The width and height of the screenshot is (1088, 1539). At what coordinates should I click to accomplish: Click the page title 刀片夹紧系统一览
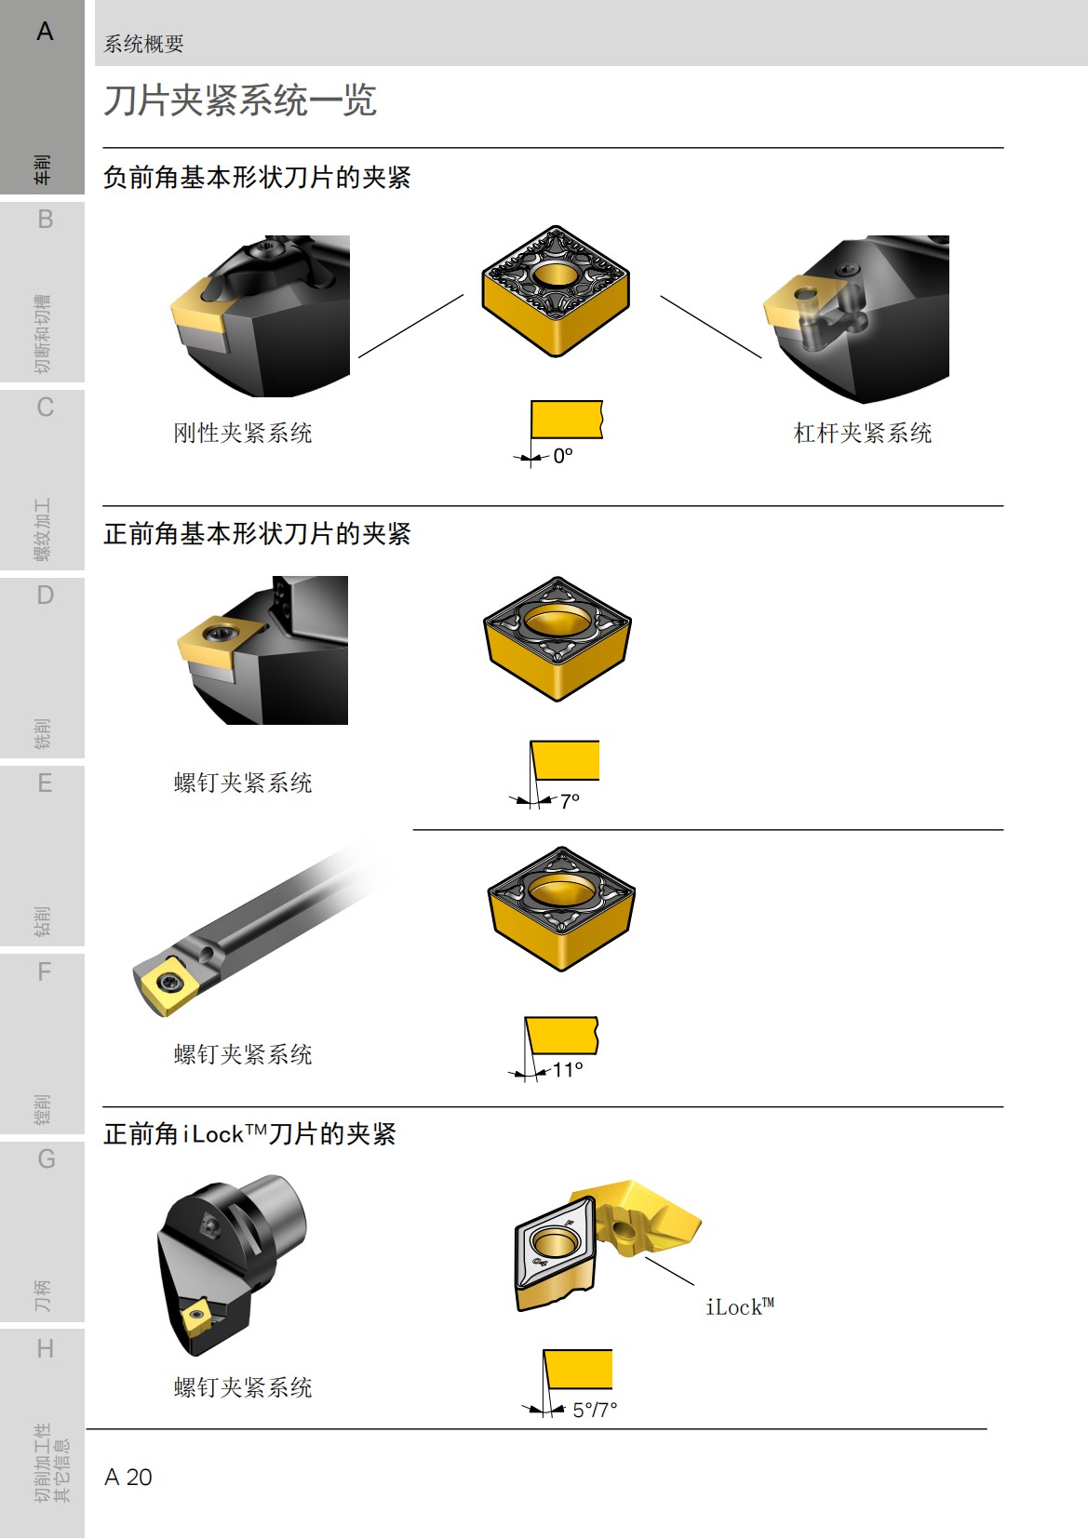[x=240, y=100]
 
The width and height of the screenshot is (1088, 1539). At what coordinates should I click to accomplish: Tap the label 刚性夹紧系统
[x=243, y=433]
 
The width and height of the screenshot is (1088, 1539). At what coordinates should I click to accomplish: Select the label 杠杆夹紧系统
[x=862, y=433]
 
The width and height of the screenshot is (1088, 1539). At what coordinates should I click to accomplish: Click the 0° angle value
[x=563, y=456]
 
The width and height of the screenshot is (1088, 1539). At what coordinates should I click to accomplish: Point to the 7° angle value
[x=570, y=800]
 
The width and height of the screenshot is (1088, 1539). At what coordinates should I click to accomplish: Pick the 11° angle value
[x=568, y=1070]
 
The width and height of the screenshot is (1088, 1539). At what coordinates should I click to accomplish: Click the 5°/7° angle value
[x=595, y=1410]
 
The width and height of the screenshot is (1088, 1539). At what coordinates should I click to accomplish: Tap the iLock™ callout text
[x=739, y=1307]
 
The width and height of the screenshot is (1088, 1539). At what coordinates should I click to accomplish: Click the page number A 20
[x=128, y=1477]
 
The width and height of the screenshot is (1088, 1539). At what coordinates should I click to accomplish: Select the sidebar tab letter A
[x=45, y=32]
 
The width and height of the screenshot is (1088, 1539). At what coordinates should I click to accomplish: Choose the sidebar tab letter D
[x=45, y=595]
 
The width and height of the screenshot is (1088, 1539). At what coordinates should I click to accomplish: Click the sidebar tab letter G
[x=46, y=1158]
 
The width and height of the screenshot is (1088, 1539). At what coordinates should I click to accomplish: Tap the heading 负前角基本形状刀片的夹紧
[x=257, y=177]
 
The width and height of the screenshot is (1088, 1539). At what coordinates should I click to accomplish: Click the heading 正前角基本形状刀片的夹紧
[x=257, y=533]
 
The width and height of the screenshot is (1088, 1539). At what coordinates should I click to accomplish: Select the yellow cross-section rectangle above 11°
[x=562, y=1035]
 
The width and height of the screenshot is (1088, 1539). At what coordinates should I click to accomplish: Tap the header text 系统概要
[x=143, y=44]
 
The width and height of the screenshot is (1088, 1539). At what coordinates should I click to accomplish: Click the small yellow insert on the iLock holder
[x=197, y=1317]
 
